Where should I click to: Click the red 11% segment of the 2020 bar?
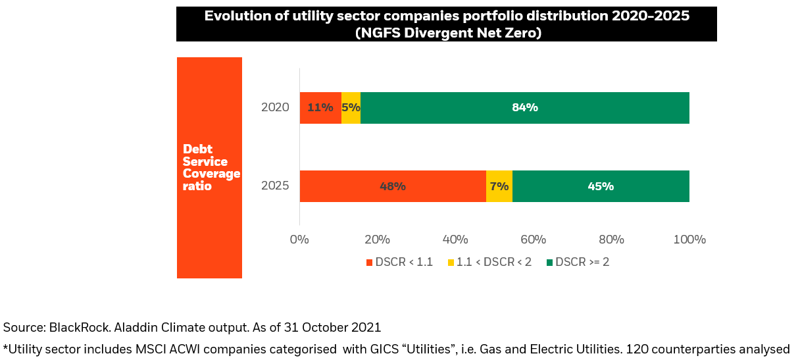(320, 108)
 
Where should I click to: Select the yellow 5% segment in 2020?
(351, 108)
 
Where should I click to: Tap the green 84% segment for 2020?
(525, 108)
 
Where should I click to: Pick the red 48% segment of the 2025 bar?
(393, 186)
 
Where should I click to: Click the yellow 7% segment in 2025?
(499, 186)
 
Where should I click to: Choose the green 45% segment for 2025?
(601, 186)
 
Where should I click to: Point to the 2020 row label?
(275, 108)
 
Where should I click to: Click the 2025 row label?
(275, 186)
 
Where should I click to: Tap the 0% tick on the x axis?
(299, 240)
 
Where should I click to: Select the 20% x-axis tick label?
(378, 240)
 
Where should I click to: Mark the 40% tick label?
(455, 240)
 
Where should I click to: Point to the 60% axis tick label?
(534, 240)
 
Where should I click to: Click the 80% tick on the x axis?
(611, 240)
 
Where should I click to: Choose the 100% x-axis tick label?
(689, 240)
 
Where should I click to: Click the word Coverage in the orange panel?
(211, 174)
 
